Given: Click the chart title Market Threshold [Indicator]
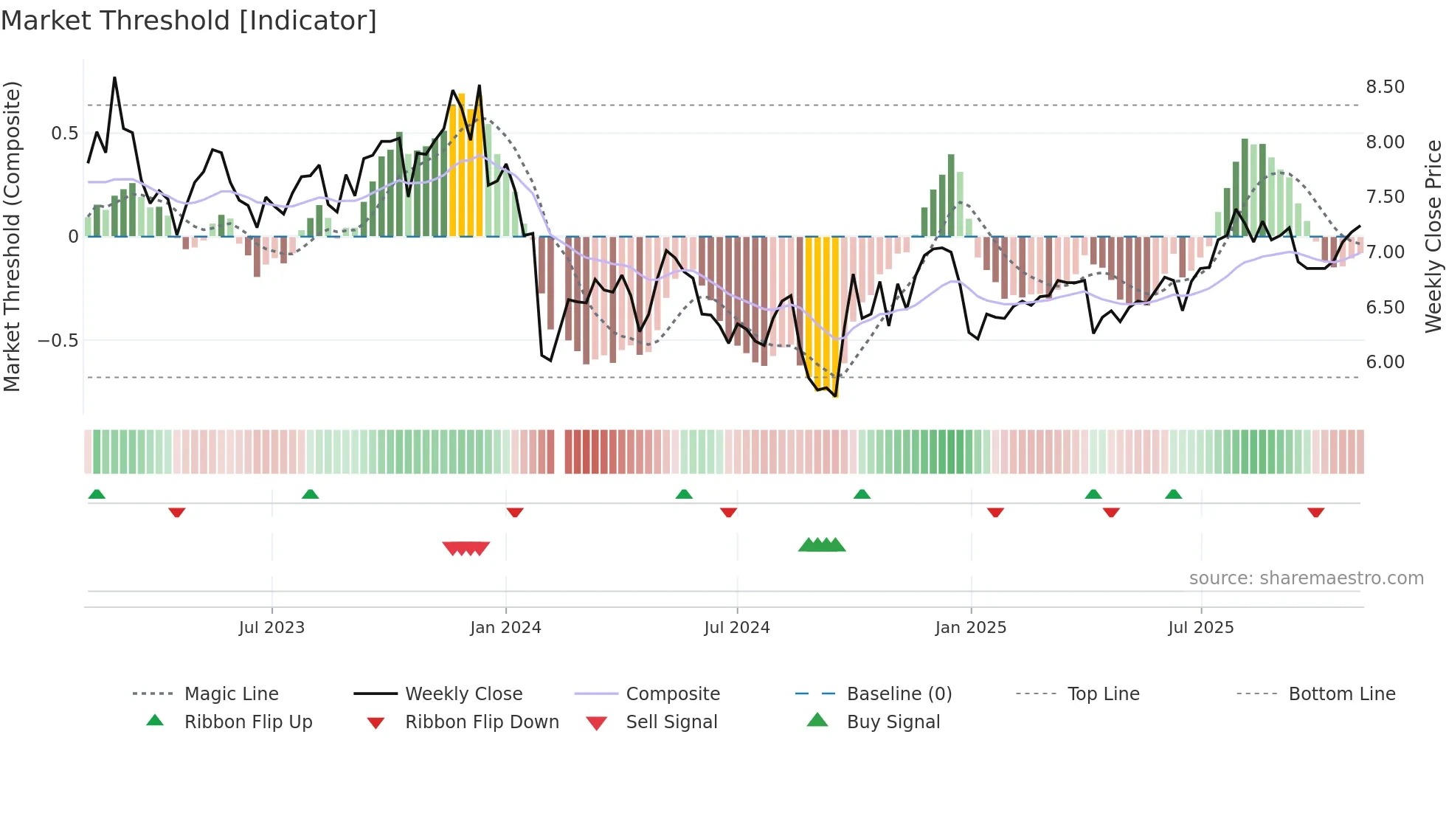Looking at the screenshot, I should click(189, 21).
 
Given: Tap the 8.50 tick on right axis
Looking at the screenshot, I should click(1385, 87).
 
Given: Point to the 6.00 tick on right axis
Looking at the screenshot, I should click(1385, 362).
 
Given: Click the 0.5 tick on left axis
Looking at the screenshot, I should click(64, 134).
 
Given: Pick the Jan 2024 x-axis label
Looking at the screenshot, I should click(505, 628).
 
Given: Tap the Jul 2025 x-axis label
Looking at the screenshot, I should click(1200, 628).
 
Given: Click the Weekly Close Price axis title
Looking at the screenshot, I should click(1433, 236).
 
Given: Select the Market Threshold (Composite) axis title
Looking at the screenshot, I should click(12, 236).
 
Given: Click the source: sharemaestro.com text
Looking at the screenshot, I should click(1306, 578).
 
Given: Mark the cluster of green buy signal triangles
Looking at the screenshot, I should click(822, 545).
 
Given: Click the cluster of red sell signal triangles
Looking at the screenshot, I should click(466, 548).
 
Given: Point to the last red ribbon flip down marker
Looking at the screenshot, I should click(1315, 512).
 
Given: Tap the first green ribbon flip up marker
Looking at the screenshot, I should click(97, 494).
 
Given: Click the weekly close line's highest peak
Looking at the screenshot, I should click(114, 77).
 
